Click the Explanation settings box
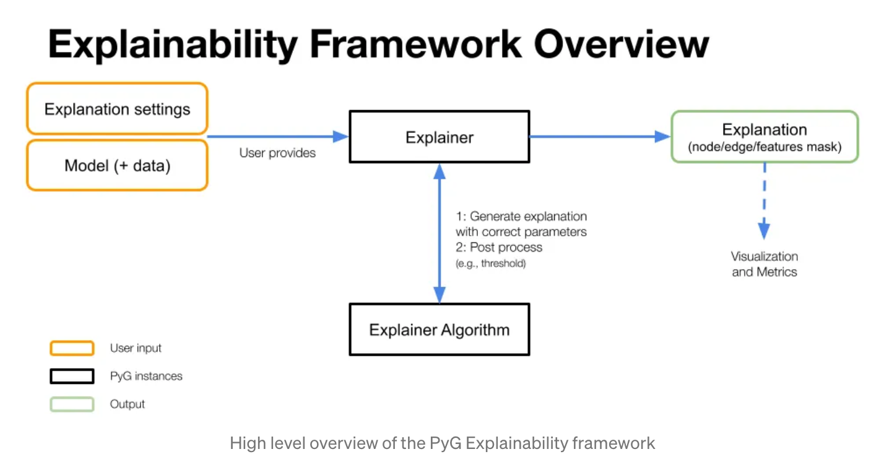coord(117,109)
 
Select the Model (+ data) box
coord(117,166)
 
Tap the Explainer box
coord(440,137)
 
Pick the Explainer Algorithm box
coord(440,329)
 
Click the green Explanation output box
coord(765,137)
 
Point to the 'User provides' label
coord(277,153)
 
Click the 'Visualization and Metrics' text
coord(765,264)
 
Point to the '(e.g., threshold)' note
coord(490,264)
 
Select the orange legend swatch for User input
coord(72,348)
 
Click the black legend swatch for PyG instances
coord(72,376)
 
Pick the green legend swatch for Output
coord(72,404)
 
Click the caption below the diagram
coord(442,443)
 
